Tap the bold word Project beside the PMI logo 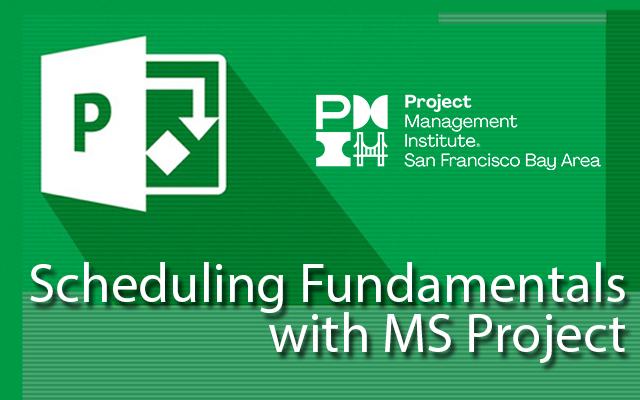[438, 102]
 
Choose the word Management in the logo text [460, 122]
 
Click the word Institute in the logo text [440, 141]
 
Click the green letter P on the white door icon [92, 122]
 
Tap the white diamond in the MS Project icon [168, 153]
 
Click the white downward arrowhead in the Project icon [199, 128]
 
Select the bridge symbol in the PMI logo [370, 149]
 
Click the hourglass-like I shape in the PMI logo [333, 149]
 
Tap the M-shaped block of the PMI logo [370, 111]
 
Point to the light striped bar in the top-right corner [522, 18]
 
